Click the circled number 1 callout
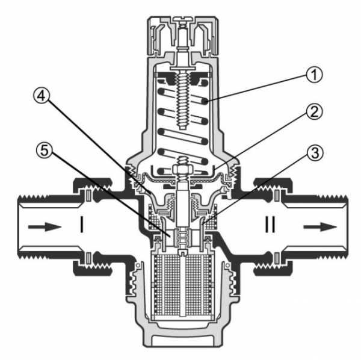[314, 75]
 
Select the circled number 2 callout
[314, 112]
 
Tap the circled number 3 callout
[315, 153]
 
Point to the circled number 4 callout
[42, 96]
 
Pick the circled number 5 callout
[45, 151]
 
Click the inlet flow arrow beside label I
[45, 227]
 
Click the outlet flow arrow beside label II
[320, 227]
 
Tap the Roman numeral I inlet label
[81, 224]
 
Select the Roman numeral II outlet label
[270, 224]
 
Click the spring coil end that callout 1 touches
[205, 101]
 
